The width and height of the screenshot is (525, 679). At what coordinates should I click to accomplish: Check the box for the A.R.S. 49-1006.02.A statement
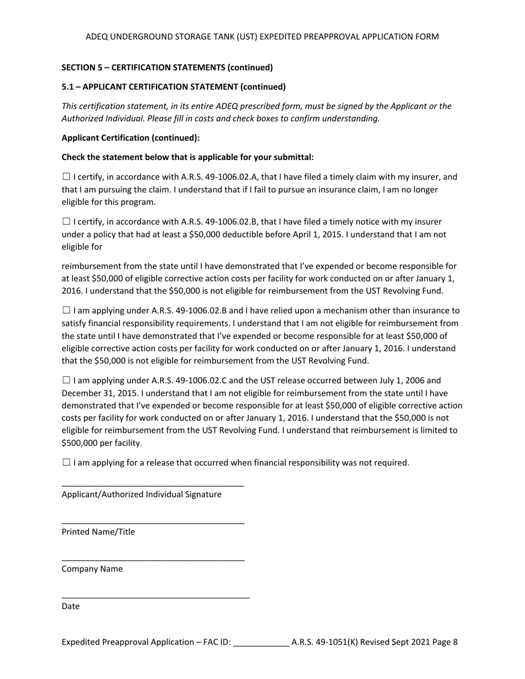tap(66, 177)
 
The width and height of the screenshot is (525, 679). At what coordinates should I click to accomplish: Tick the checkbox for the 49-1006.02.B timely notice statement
tap(66, 222)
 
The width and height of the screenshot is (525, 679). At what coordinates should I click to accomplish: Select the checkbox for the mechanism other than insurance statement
tap(66, 311)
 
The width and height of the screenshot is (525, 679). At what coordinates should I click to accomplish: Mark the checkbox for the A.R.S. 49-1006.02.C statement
tap(66, 380)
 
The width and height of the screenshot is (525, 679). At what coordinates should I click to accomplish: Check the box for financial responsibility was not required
tap(66, 463)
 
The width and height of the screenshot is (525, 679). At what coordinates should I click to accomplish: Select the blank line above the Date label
tap(155, 597)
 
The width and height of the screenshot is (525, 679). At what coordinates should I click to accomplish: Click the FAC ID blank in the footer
tap(261, 643)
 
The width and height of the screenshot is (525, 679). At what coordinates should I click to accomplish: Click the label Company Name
tap(92, 569)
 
